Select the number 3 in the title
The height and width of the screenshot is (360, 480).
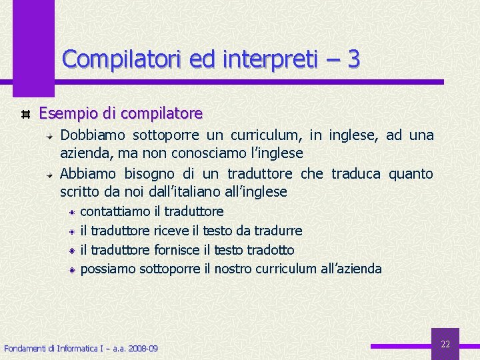click(353, 59)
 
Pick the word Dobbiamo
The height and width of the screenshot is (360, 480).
click(93, 135)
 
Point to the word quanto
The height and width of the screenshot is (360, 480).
click(411, 174)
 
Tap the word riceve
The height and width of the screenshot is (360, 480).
click(171, 231)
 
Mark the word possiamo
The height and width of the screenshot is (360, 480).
click(108, 269)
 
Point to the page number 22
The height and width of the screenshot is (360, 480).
click(445, 345)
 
